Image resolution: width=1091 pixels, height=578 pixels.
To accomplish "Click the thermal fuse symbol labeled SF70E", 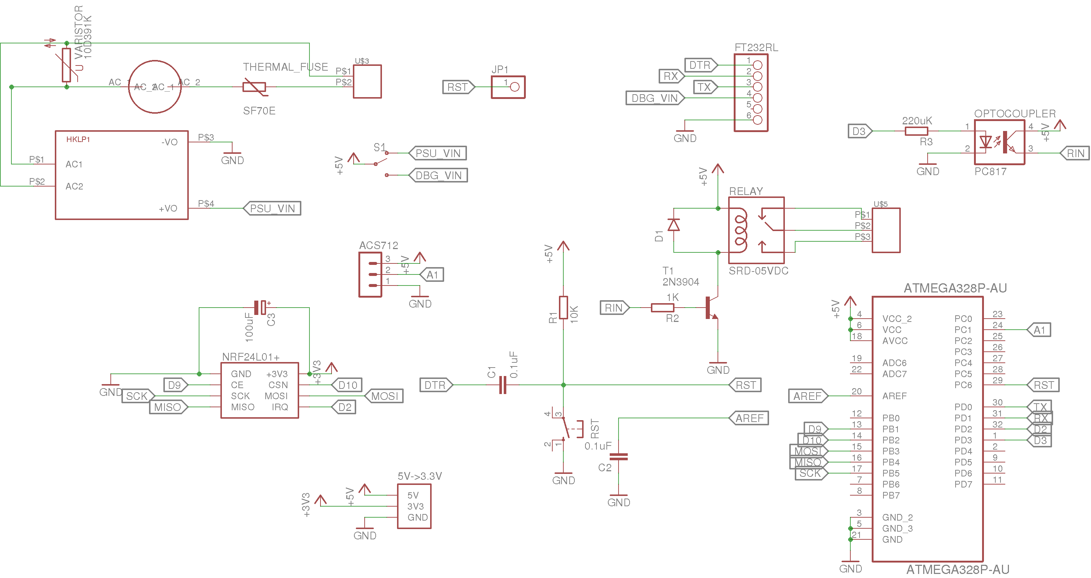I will pyautogui.click(x=254, y=87).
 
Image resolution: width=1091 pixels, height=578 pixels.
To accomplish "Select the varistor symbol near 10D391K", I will pyautogui.click(x=67, y=65).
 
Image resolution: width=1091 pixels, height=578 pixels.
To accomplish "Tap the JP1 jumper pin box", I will pyautogui.click(x=508, y=87).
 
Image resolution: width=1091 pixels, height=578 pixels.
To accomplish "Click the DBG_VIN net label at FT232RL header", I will pyautogui.click(x=654, y=98).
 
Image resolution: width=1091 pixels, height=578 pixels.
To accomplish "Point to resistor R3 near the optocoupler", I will pyautogui.click(x=916, y=131).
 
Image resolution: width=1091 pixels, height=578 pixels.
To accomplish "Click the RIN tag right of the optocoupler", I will pyautogui.click(x=1075, y=153).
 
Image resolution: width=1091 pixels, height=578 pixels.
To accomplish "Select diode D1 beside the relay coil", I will pyautogui.click(x=673, y=225).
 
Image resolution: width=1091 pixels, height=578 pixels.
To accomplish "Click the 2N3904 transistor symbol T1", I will pyautogui.click(x=710, y=308).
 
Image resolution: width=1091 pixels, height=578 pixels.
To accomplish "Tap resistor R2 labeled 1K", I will pyautogui.click(x=662, y=308).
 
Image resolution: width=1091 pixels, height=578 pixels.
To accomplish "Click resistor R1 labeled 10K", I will pyautogui.click(x=563, y=308).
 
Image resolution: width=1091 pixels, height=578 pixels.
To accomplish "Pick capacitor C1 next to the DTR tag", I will pyautogui.click(x=503, y=385).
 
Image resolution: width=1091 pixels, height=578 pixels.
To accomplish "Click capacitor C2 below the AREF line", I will pyautogui.click(x=618, y=457).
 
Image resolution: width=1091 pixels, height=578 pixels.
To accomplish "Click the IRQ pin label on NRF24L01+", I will pyautogui.click(x=280, y=407).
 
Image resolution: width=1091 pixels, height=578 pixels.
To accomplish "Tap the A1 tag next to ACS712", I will pyautogui.click(x=432, y=275).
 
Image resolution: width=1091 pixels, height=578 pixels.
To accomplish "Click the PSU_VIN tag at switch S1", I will pyautogui.click(x=438, y=153).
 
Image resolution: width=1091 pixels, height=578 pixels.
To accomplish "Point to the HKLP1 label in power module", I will pyautogui.click(x=78, y=139).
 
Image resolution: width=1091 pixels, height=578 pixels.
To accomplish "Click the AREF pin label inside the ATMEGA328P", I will pyautogui.click(x=894, y=396).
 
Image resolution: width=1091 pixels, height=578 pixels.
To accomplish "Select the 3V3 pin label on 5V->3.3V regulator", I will pyautogui.click(x=415, y=506).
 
